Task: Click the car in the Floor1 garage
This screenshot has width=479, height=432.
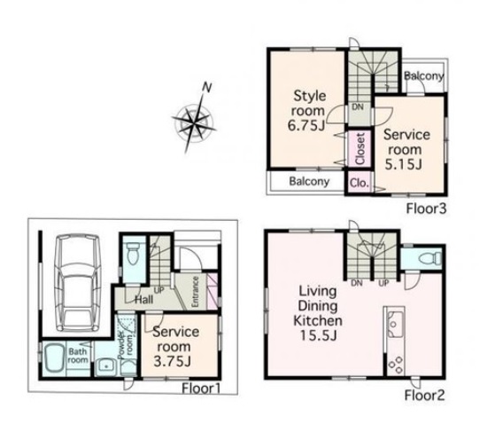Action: click(79, 283)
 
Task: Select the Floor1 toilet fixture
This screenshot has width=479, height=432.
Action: click(133, 254)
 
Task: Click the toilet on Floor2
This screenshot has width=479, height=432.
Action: click(430, 258)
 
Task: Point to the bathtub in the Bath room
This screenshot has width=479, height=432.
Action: click(55, 359)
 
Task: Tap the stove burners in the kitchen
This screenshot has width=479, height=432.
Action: click(395, 365)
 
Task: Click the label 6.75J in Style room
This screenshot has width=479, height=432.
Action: click(306, 126)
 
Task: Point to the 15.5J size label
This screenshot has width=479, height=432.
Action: click(319, 335)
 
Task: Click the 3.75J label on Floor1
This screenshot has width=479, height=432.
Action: click(173, 362)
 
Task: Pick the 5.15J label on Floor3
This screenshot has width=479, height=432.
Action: click(403, 164)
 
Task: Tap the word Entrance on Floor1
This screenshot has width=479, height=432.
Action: click(195, 291)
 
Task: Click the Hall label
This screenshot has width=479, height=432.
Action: click(144, 299)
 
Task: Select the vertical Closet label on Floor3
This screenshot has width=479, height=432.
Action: click(360, 148)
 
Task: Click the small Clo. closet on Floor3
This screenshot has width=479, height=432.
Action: click(359, 183)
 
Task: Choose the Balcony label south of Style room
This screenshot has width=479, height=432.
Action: click(309, 181)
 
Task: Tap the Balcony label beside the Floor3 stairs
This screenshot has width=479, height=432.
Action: click(424, 75)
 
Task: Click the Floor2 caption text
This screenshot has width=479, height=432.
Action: click(425, 395)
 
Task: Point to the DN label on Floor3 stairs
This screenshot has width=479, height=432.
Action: click(358, 106)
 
